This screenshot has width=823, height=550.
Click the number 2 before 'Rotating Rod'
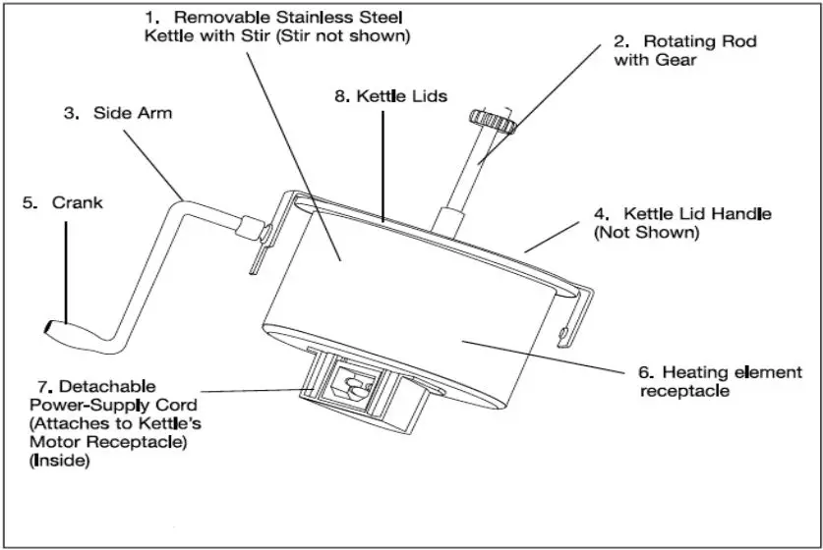click(620, 41)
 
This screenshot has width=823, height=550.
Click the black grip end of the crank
click(54, 326)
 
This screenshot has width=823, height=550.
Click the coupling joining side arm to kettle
click(254, 228)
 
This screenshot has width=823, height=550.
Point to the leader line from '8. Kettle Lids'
click(383, 157)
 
